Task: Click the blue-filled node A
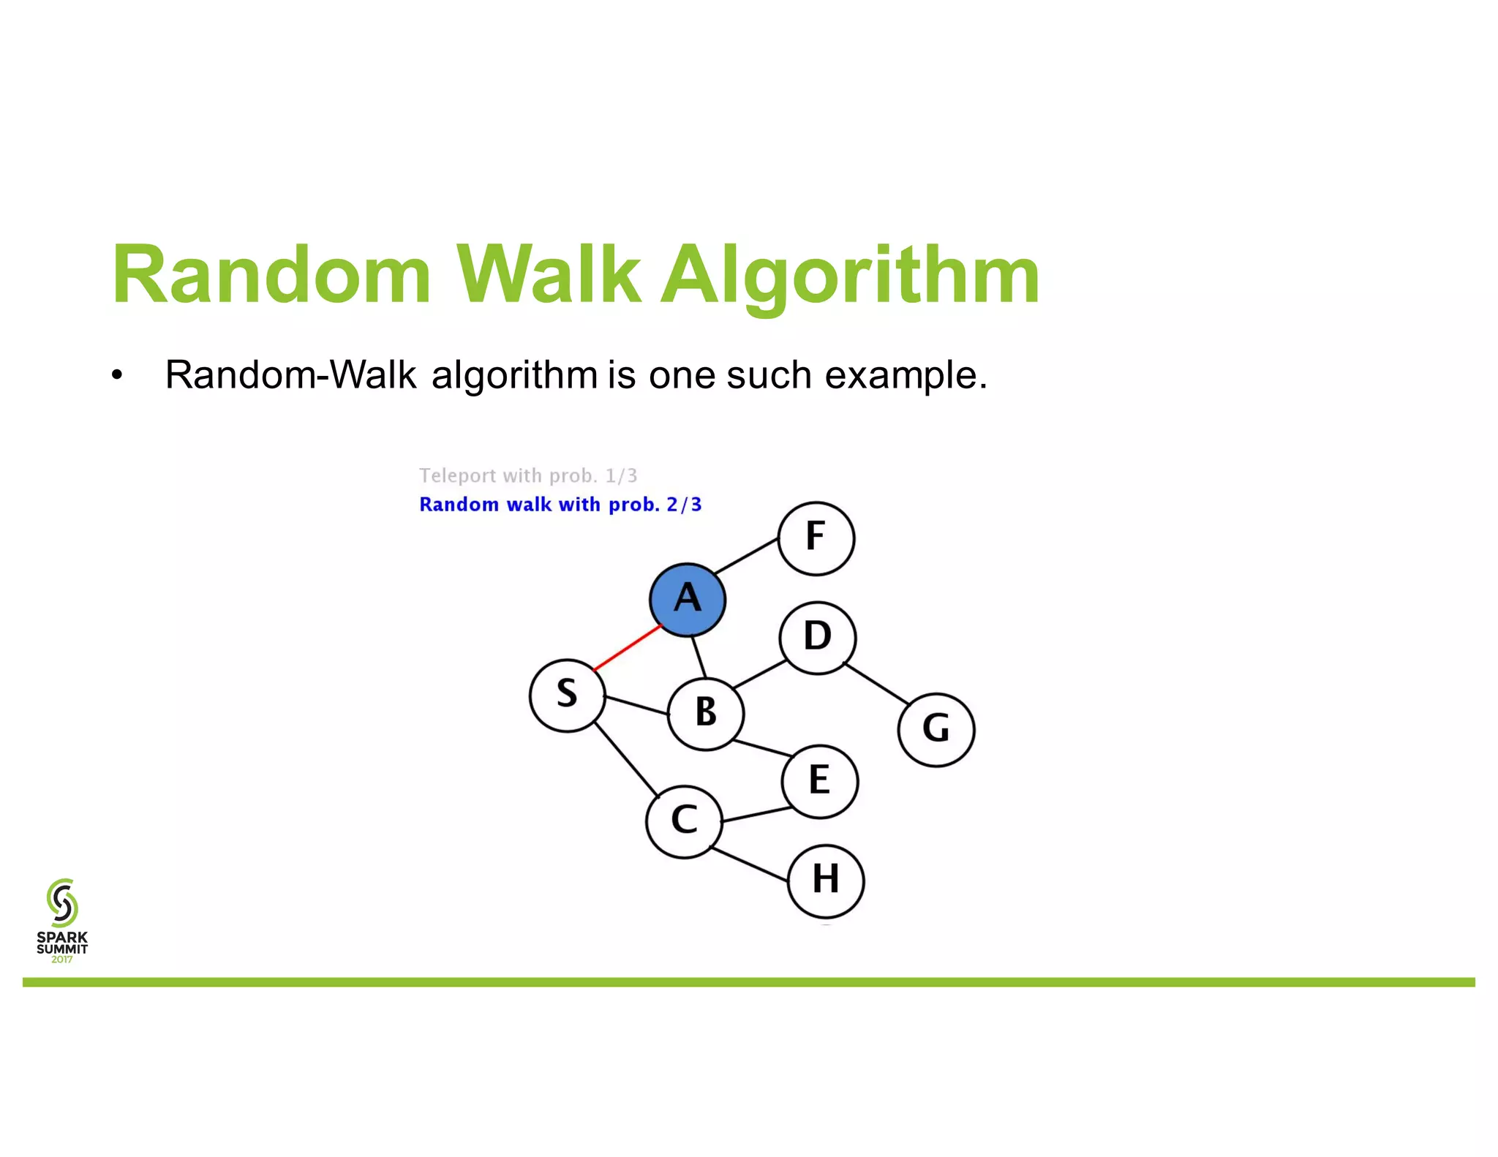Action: coord(688,599)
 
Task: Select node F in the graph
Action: coord(816,538)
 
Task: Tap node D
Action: coord(817,637)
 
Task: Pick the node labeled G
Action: coord(936,729)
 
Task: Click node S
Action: coord(567,695)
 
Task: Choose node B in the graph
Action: coord(706,713)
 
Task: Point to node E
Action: coord(819,780)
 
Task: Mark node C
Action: coord(684,821)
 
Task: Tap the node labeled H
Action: coord(826,881)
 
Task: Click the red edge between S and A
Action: coord(628,647)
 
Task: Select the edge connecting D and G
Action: coord(876,682)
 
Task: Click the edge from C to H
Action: coord(750,864)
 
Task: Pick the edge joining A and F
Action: coord(746,556)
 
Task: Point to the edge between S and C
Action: coord(626,759)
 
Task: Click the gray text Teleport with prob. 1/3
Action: coord(528,476)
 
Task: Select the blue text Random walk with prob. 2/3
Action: coord(560,505)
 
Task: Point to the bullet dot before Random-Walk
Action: coord(117,376)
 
